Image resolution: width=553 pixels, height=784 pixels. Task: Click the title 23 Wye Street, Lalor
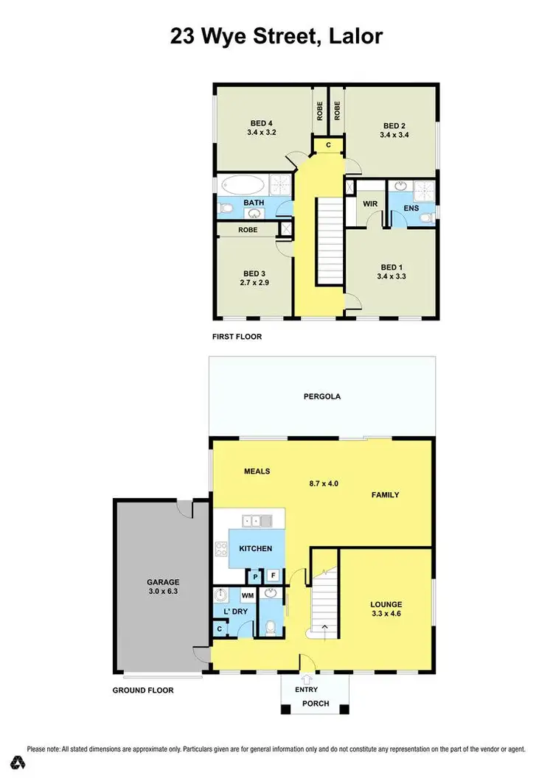click(276, 35)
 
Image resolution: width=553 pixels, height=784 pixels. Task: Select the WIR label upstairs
click(370, 203)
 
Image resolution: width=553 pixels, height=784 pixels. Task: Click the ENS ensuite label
click(411, 209)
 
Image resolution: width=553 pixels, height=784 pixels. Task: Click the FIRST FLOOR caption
click(236, 337)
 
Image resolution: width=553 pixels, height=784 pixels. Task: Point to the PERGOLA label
click(322, 396)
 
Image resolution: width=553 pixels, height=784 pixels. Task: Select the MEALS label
click(257, 471)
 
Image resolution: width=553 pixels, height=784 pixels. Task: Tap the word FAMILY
click(384, 495)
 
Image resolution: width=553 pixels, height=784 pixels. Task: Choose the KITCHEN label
click(255, 548)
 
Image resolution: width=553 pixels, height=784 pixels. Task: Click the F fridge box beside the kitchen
click(273, 576)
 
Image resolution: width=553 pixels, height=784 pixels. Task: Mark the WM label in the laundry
click(248, 595)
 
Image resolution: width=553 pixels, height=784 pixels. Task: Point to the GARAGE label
click(163, 582)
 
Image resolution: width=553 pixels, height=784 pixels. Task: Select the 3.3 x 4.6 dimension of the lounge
click(386, 613)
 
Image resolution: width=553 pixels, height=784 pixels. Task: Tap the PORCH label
click(316, 704)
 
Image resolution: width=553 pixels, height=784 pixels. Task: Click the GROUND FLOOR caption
click(143, 690)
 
